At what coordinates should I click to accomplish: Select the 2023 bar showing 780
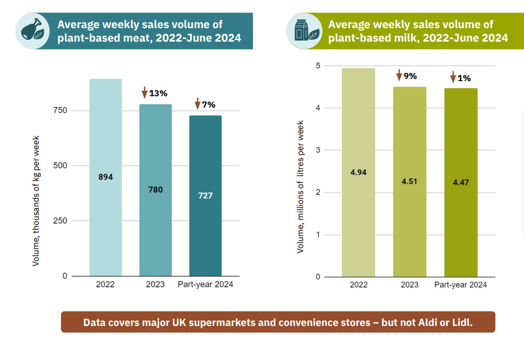156,190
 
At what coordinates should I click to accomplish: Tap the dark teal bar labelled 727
205,195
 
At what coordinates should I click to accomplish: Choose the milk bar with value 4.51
409,182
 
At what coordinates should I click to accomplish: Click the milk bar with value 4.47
461,182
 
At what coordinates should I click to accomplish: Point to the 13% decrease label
158,93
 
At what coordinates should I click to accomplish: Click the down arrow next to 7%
197,103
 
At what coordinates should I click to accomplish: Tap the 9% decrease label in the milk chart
411,76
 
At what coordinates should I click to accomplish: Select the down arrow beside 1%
453,78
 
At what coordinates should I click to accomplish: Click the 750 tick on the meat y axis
60,111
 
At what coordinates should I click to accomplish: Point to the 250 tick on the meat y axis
60,221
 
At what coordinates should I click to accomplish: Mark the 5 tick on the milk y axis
318,66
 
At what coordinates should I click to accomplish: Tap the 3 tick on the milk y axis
318,150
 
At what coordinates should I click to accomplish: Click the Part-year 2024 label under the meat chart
205,284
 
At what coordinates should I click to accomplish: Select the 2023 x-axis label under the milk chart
409,285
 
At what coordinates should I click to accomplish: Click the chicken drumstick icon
32,31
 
